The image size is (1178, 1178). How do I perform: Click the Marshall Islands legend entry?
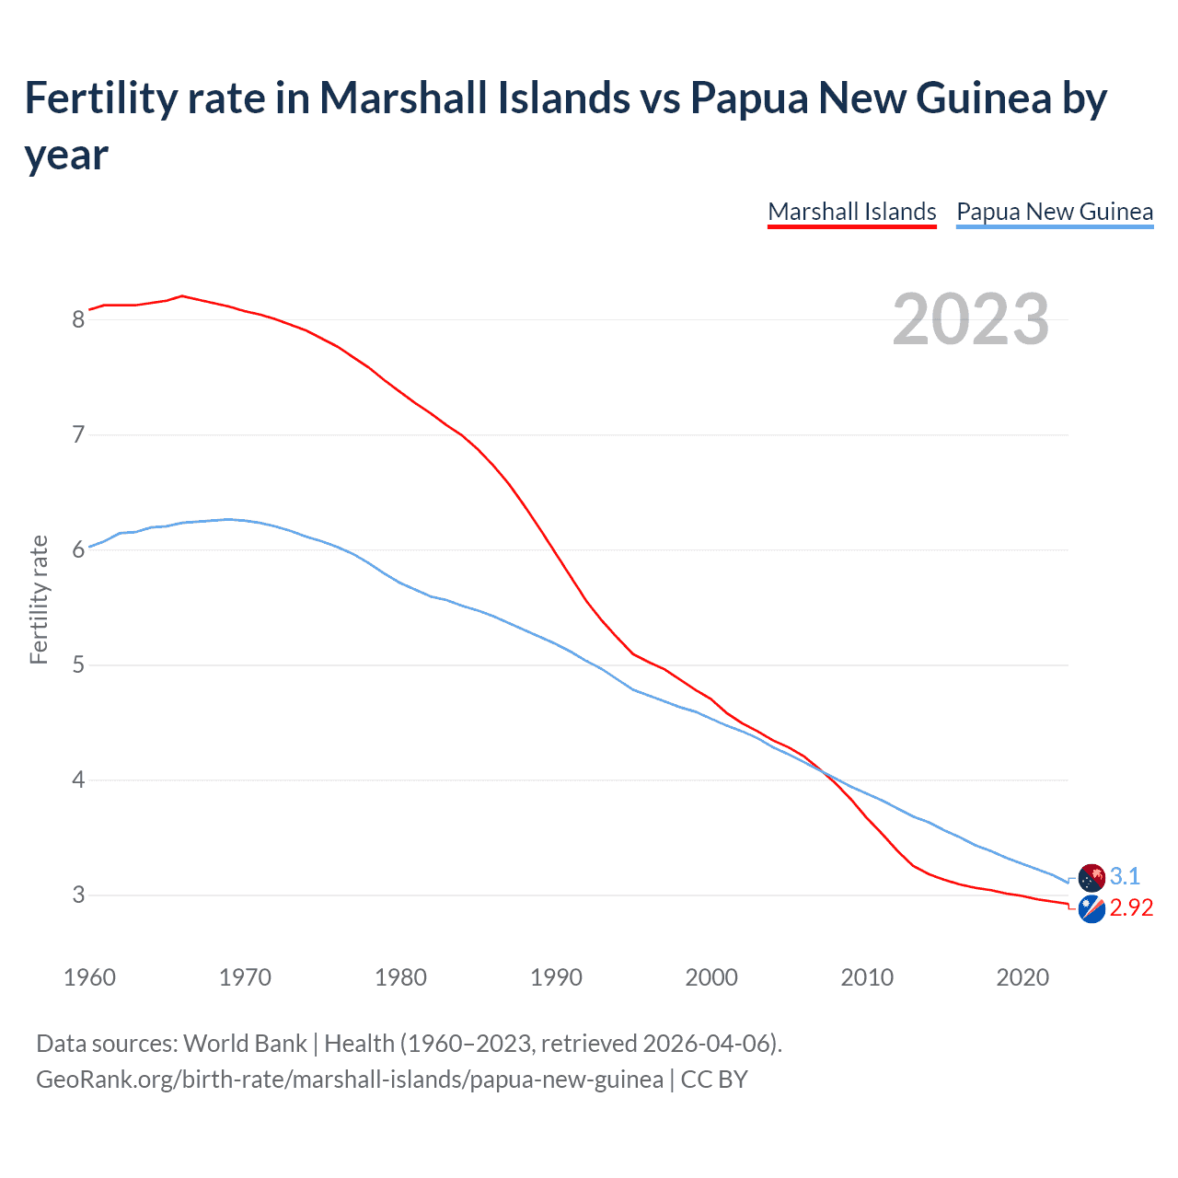click(x=851, y=212)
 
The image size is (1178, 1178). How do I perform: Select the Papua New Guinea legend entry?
click(x=1055, y=212)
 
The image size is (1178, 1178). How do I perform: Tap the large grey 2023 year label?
click(x=971, y=319)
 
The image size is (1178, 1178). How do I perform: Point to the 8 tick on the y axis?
click(x=78, y=319)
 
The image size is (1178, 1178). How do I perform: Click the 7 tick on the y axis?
click(x=78, y=434)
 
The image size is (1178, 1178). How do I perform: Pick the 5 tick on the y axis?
click(x=78, y=664)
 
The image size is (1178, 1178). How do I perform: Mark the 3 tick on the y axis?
click(x=78, y=895)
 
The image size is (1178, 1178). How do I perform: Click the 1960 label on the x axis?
click(x=89, y=977)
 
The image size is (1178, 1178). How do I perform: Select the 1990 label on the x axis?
click(x=556, y=977)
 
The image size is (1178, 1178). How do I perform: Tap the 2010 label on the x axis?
click(x=867, y=977)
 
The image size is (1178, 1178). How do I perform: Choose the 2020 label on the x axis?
click(x=1022, y=977)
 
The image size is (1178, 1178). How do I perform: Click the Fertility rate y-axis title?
click(x=39, y=599)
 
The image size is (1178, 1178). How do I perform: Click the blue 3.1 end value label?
click(x=1125, y=876)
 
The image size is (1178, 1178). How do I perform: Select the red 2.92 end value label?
click(x=1131, y=908)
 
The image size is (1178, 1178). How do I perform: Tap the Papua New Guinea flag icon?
click(x=1091, y=877)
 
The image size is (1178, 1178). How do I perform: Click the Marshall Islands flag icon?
click(x=1091, y=910)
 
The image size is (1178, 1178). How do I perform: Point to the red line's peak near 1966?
click(x=182, y=295)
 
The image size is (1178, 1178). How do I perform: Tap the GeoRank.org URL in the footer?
click(x=350, y=1080)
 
